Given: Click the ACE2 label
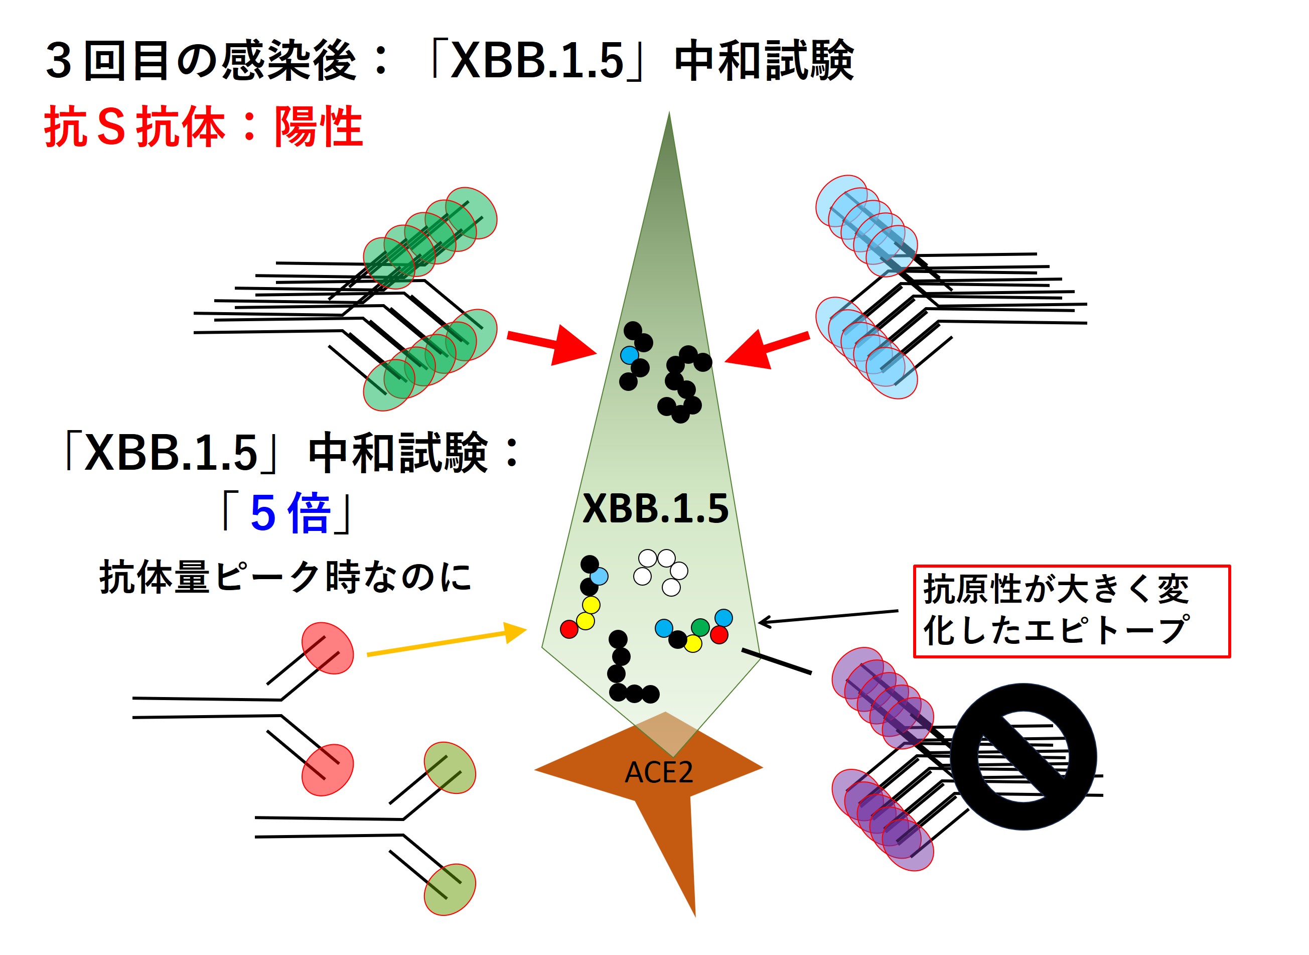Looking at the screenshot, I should (658, 772).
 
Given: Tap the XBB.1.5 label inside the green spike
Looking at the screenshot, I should (655, 509).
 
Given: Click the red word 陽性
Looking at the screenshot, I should (319, 126).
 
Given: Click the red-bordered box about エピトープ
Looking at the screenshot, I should (1072, 611).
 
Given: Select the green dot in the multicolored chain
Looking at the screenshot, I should (700, 627).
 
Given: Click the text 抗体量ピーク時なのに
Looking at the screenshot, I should (285, 576).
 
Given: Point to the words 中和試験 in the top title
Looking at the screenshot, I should (764, 60).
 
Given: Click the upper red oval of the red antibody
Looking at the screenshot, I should (328, 648).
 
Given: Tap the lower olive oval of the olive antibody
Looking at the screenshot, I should (450, 890).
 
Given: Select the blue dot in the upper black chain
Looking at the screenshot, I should (629, 355).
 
